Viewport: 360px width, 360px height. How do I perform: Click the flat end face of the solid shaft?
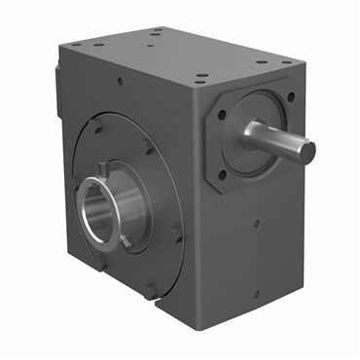click(305, 151)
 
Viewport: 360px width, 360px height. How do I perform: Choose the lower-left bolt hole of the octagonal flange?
click(223, 175)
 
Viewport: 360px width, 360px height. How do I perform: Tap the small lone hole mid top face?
click(157, 32)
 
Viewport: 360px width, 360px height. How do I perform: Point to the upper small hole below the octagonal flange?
click(255, 223)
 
